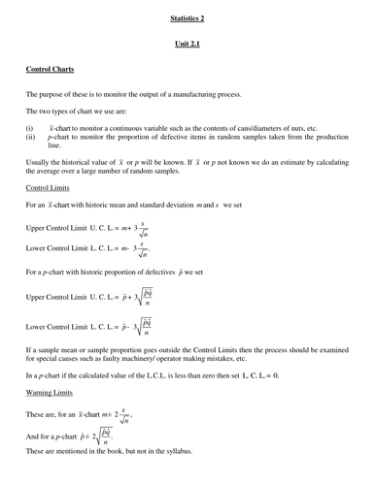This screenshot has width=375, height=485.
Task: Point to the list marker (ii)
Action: click(x=31, y=138)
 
